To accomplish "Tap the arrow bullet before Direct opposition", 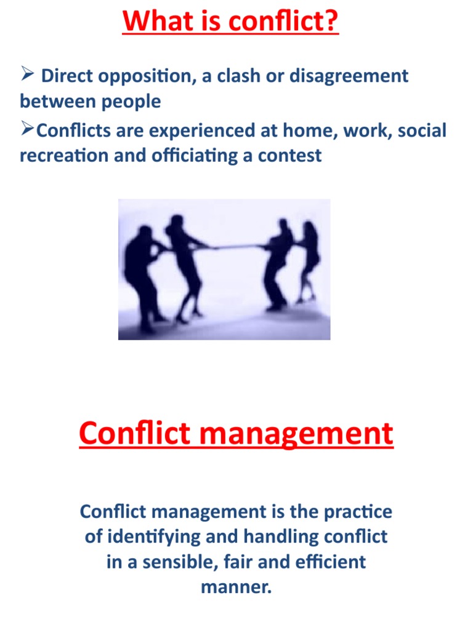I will (26, 76).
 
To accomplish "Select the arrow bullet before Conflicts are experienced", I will (28, 130).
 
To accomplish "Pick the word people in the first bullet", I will (129, 101).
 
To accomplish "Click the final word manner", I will (236, 587).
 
